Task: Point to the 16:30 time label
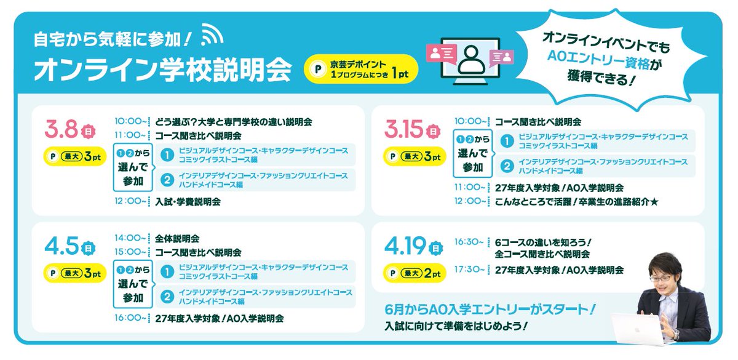pos(468,242)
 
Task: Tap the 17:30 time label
pos(468,270)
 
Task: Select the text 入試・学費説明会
pos(188,201)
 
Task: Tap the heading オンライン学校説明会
pos(162,70)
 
